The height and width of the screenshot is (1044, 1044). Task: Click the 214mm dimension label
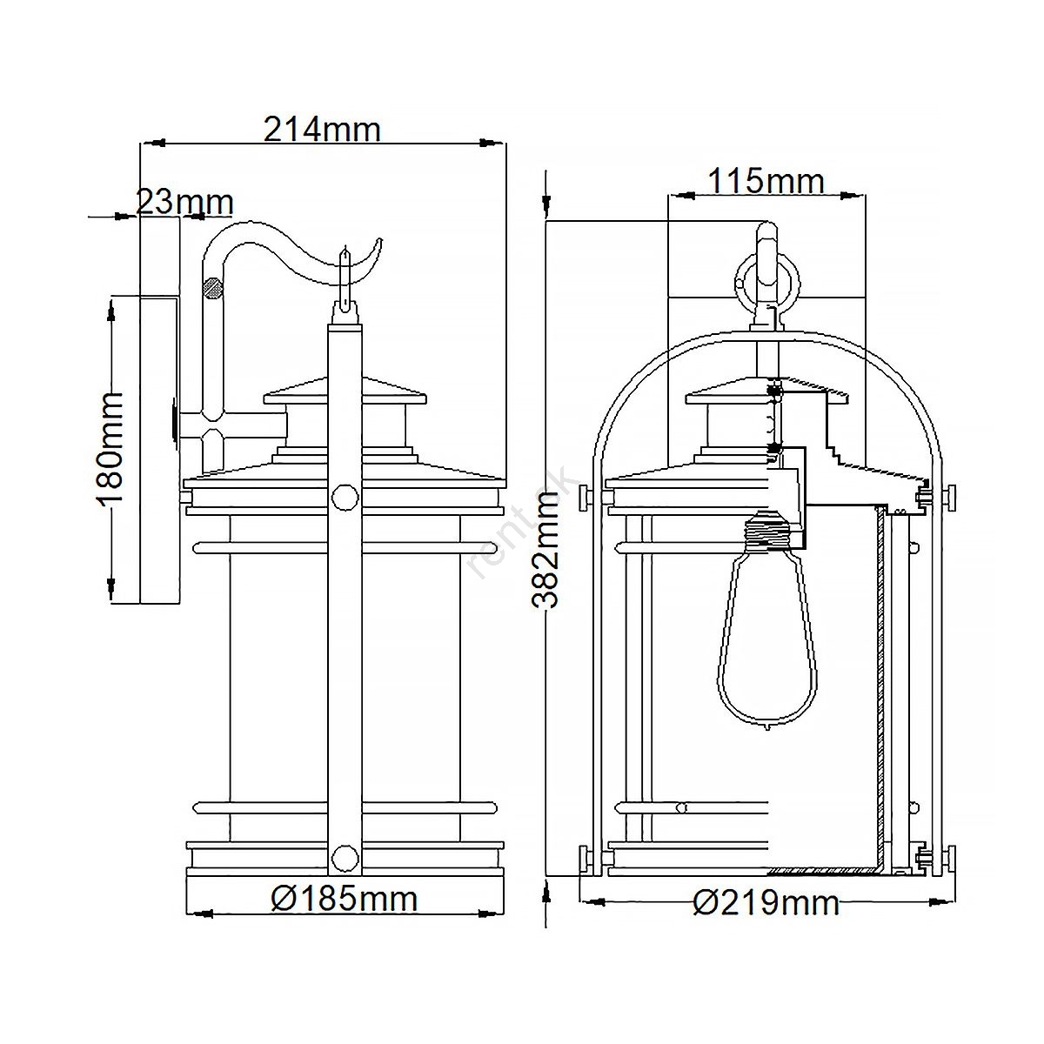pos(323,130)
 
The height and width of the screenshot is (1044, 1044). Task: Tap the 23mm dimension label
pos(184,202)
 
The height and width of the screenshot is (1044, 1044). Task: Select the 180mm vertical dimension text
pos(112,449)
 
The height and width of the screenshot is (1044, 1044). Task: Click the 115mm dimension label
pos(766,181)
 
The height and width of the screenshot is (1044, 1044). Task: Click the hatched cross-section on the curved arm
pos(211,287)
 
